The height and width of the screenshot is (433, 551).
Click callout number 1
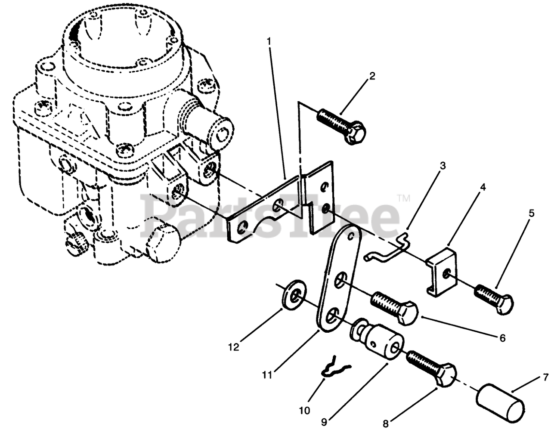pyautogui.click(x=269, y=42)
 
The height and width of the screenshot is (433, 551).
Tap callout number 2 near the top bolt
pyautogui.click(x=372, y=77)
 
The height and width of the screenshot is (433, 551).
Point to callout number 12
pyautogui.click(x=233, y=347)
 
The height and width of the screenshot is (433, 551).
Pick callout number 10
pyautogui.click(x=304, y=411)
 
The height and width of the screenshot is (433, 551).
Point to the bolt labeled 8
pyautogui.click(x=431, y=366)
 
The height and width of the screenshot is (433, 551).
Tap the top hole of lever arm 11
pyautogui.click(x=353, y=236)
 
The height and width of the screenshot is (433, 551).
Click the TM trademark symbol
pyautogui.click(x=403, y=198)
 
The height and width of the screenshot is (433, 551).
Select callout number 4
pyautogui.click(x=483, y=187)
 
